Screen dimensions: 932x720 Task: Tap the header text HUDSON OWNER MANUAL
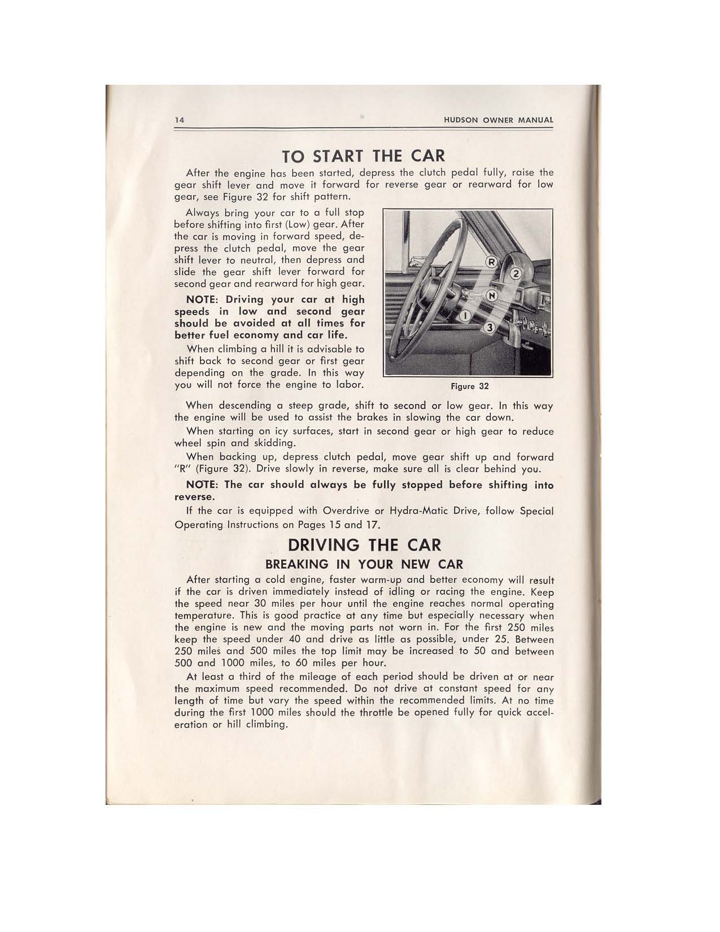click(x=498, y=120)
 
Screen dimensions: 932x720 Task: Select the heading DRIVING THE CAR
click(x=364, y=545)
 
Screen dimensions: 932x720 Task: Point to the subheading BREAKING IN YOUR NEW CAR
click(x=364, y=564)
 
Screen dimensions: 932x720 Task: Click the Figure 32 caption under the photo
click(x=469, y=386)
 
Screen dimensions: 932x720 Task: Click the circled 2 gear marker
click(x=514, y=275)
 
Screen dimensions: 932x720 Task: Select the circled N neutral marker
click(x=492, y=295)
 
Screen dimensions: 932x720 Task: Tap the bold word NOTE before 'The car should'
click(x=203, y=485)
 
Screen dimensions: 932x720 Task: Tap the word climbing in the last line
click(x=267, y=724)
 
